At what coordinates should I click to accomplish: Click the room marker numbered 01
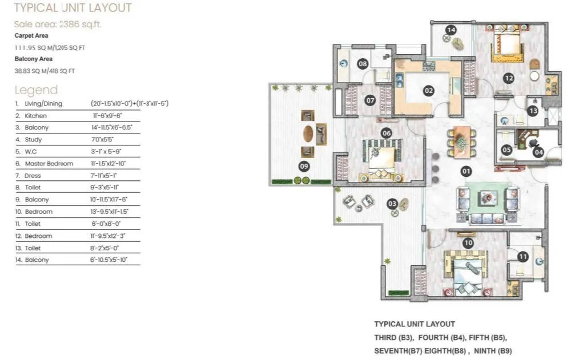[x=466, y=171]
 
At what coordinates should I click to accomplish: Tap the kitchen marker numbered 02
[x=428, y=90]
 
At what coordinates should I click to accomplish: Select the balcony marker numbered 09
[x=304, y=167]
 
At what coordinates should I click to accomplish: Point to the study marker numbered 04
[x=538, y=152]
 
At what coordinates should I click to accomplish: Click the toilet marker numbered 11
[x=522, y=257]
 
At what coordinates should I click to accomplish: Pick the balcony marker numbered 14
[x=451, y=30]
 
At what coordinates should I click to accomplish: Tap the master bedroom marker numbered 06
[x=387, y=133]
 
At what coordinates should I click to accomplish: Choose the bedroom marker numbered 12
[x=509, y=78]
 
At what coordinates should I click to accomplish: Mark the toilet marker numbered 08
[x=363, y=64]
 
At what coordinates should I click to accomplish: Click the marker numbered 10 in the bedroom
[x=468, y=242]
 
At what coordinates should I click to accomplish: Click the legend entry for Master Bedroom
[x=49, y=164]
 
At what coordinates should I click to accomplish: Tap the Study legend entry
[x=33, y=140]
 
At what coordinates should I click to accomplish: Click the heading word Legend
[x=36, y=90]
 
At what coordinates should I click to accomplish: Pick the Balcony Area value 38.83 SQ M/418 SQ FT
[x=45, y=71]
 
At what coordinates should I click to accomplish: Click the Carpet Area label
[x=31, y=35]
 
